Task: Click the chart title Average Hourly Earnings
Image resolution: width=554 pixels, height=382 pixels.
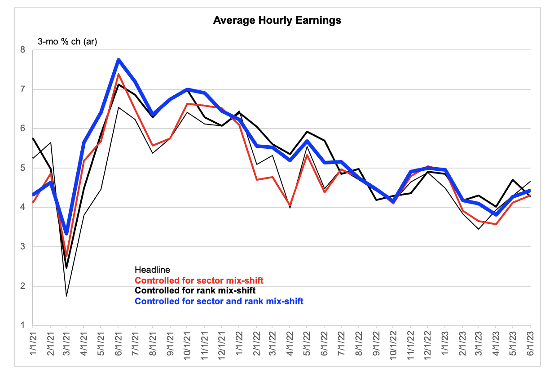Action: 277,20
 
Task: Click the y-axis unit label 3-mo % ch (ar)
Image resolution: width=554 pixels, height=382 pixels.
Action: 67,42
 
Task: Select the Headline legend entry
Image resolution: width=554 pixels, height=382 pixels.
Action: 152,270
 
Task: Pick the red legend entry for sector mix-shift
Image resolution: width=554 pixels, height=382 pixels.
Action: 199,280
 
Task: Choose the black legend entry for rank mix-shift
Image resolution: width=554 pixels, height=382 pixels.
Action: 195,290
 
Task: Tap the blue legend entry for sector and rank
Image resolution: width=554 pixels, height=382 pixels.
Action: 219,301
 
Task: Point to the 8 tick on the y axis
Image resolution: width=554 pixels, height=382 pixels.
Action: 23,50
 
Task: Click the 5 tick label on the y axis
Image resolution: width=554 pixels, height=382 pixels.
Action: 23,168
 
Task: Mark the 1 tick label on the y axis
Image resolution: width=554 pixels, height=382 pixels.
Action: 23,325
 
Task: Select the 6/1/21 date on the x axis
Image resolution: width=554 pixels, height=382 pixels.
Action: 119,344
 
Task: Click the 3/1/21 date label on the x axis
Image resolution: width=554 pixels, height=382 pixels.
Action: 66,344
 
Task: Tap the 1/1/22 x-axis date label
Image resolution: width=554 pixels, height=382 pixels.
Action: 239,344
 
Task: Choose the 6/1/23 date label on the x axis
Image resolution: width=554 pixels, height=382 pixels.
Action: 530,344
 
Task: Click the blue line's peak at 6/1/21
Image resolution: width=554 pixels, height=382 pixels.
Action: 119,60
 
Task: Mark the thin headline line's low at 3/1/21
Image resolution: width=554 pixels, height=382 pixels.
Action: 66,296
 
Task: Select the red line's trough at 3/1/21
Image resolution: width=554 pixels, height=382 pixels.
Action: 66,256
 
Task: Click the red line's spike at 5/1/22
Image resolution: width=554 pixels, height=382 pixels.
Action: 307,155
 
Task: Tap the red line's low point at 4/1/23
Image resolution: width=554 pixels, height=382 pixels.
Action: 496,224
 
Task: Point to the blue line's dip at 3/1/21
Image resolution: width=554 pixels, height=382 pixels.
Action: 66,233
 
